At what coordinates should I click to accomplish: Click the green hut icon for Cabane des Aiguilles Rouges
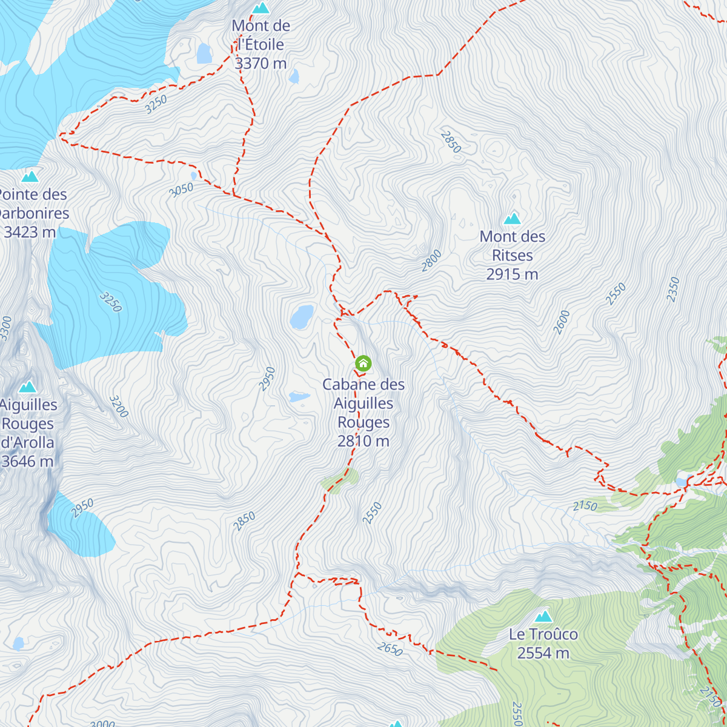pyautogui.click(x=363, y=363)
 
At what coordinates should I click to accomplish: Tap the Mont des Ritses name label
pyautogui.click(x=513, y=246)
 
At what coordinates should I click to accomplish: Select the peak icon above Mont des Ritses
pyautogui.click(x=513, y=218)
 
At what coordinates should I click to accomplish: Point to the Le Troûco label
pyautogui.click(x=543, y=634)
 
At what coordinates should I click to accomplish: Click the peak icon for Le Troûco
pyautogui.click(x=543, y=617)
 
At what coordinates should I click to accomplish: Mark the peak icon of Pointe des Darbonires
pyautogui.click(x=30, y=176)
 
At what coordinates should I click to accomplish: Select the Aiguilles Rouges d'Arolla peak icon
pyautogui.click(x=27, y=387)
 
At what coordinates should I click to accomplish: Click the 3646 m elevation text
pyautogui.click(x=28, y=462)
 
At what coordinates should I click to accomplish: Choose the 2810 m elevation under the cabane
pyautogui.click(x=363, y=441)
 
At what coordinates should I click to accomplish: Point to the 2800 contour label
pyautogui.click(x=431, y=261)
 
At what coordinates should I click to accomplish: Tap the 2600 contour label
pyautogui.click(x=562, y=322)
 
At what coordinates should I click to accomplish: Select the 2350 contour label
pyautogui.click(x=673, y=290)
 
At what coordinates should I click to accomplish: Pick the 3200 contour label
pyautogui.click(x=119, y=407)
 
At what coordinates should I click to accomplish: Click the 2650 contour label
pyautogui.click(x=390, y=649)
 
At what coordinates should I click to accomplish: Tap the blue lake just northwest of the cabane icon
pyautogui.click(x=302, y=317)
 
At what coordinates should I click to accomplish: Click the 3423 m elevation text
pyautogui.click(x=30, y=232)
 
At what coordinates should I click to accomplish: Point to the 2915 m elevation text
pyautogui.click(x=512, y=274)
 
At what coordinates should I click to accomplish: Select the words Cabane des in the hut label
pyautogui.click(x=363, y=385)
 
